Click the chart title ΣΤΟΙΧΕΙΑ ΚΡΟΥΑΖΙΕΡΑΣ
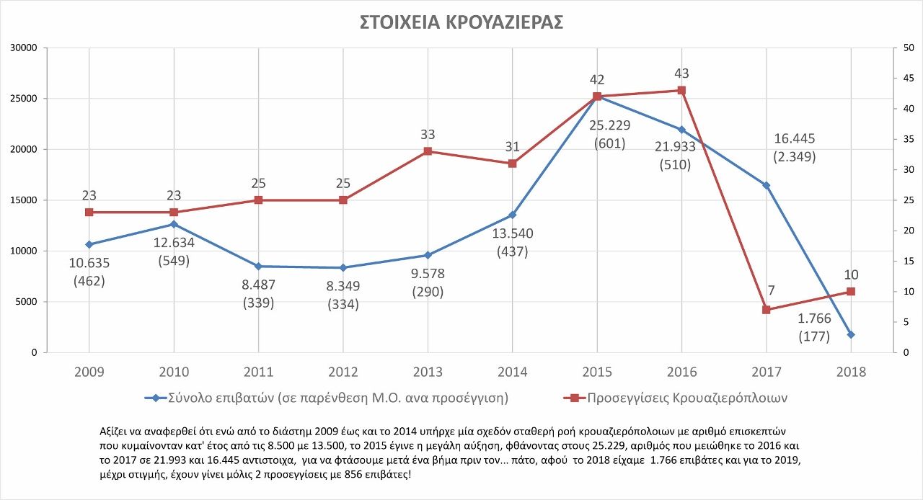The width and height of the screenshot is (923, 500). click(461, 22)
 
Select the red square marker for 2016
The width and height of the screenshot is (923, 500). click(681, 91)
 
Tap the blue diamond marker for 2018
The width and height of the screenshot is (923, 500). click(851, 334)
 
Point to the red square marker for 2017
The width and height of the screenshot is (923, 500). click(767, 310)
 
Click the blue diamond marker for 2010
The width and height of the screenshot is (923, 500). click(174, 224)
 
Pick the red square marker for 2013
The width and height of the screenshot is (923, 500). click(428, 151)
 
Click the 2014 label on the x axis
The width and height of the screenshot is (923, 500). click(513, 372)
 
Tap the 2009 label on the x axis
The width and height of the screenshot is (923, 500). click(89, 372)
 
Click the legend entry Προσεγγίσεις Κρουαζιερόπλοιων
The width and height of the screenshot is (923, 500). click(686, 398)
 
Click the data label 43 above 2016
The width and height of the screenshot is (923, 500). click(681, 73)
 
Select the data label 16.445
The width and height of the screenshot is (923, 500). click(794, 138)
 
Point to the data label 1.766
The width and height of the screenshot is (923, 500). click(815, 318)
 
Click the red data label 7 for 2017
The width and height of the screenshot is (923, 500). click(771, 291)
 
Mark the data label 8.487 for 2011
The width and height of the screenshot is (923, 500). click(258, 285)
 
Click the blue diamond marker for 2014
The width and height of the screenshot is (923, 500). click(513, 215)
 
